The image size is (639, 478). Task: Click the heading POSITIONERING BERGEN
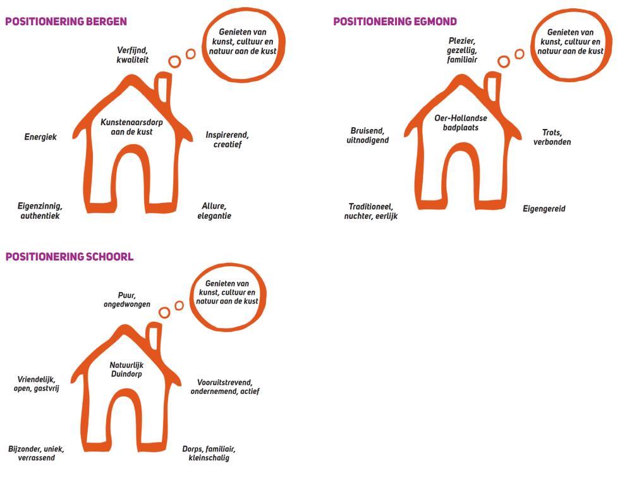(x=66, y=21)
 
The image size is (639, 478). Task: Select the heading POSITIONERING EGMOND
(x=394, y=21)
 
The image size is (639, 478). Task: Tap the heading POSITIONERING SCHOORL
(x=70, y=257)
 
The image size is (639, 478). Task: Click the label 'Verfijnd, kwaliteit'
(x=132, y=54)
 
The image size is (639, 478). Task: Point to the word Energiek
(x=40, y=137)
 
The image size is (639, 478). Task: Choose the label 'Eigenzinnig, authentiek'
(x=40, y=211)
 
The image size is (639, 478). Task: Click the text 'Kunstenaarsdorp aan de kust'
(x=131, y=127)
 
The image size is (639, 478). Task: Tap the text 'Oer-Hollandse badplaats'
(x=460, y=123)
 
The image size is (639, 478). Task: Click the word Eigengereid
(x=544, y=209)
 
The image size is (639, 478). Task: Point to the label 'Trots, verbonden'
(x=552, y=137)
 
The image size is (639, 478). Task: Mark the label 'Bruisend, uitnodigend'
(x=367, y=135)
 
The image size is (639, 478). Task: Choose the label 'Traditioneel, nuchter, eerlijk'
(x=370, y=211)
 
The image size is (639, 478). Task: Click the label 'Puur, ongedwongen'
(x=127, y=300)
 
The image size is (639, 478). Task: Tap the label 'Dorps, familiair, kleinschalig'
(x=209, y=453)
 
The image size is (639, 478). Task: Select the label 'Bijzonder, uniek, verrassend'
(x=36, y=453)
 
